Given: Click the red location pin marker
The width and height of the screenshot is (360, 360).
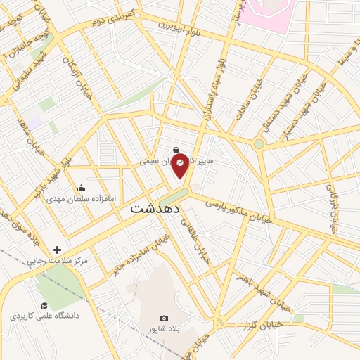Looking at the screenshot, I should pyautogui.click(x=180, y=163).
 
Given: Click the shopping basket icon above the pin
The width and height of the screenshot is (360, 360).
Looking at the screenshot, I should pyautogui.click(x=176, y=150).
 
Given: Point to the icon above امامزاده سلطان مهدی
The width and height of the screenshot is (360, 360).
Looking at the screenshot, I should pyautogui.click(x=82, y=188).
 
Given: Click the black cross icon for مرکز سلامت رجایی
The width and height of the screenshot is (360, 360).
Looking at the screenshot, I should pyautogui.click(x=57, y=250).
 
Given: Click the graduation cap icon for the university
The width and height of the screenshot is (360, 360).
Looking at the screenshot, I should pyautogui.click(x=44, y=305).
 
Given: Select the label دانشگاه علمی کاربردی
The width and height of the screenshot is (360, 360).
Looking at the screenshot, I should pyautogui.click(x=44, y=316).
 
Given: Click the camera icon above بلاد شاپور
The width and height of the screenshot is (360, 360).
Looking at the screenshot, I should pyautogui.click(x=165, y=318).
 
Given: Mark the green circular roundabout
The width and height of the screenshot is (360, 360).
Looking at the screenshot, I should pyautogui.click(x=259, y=145).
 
